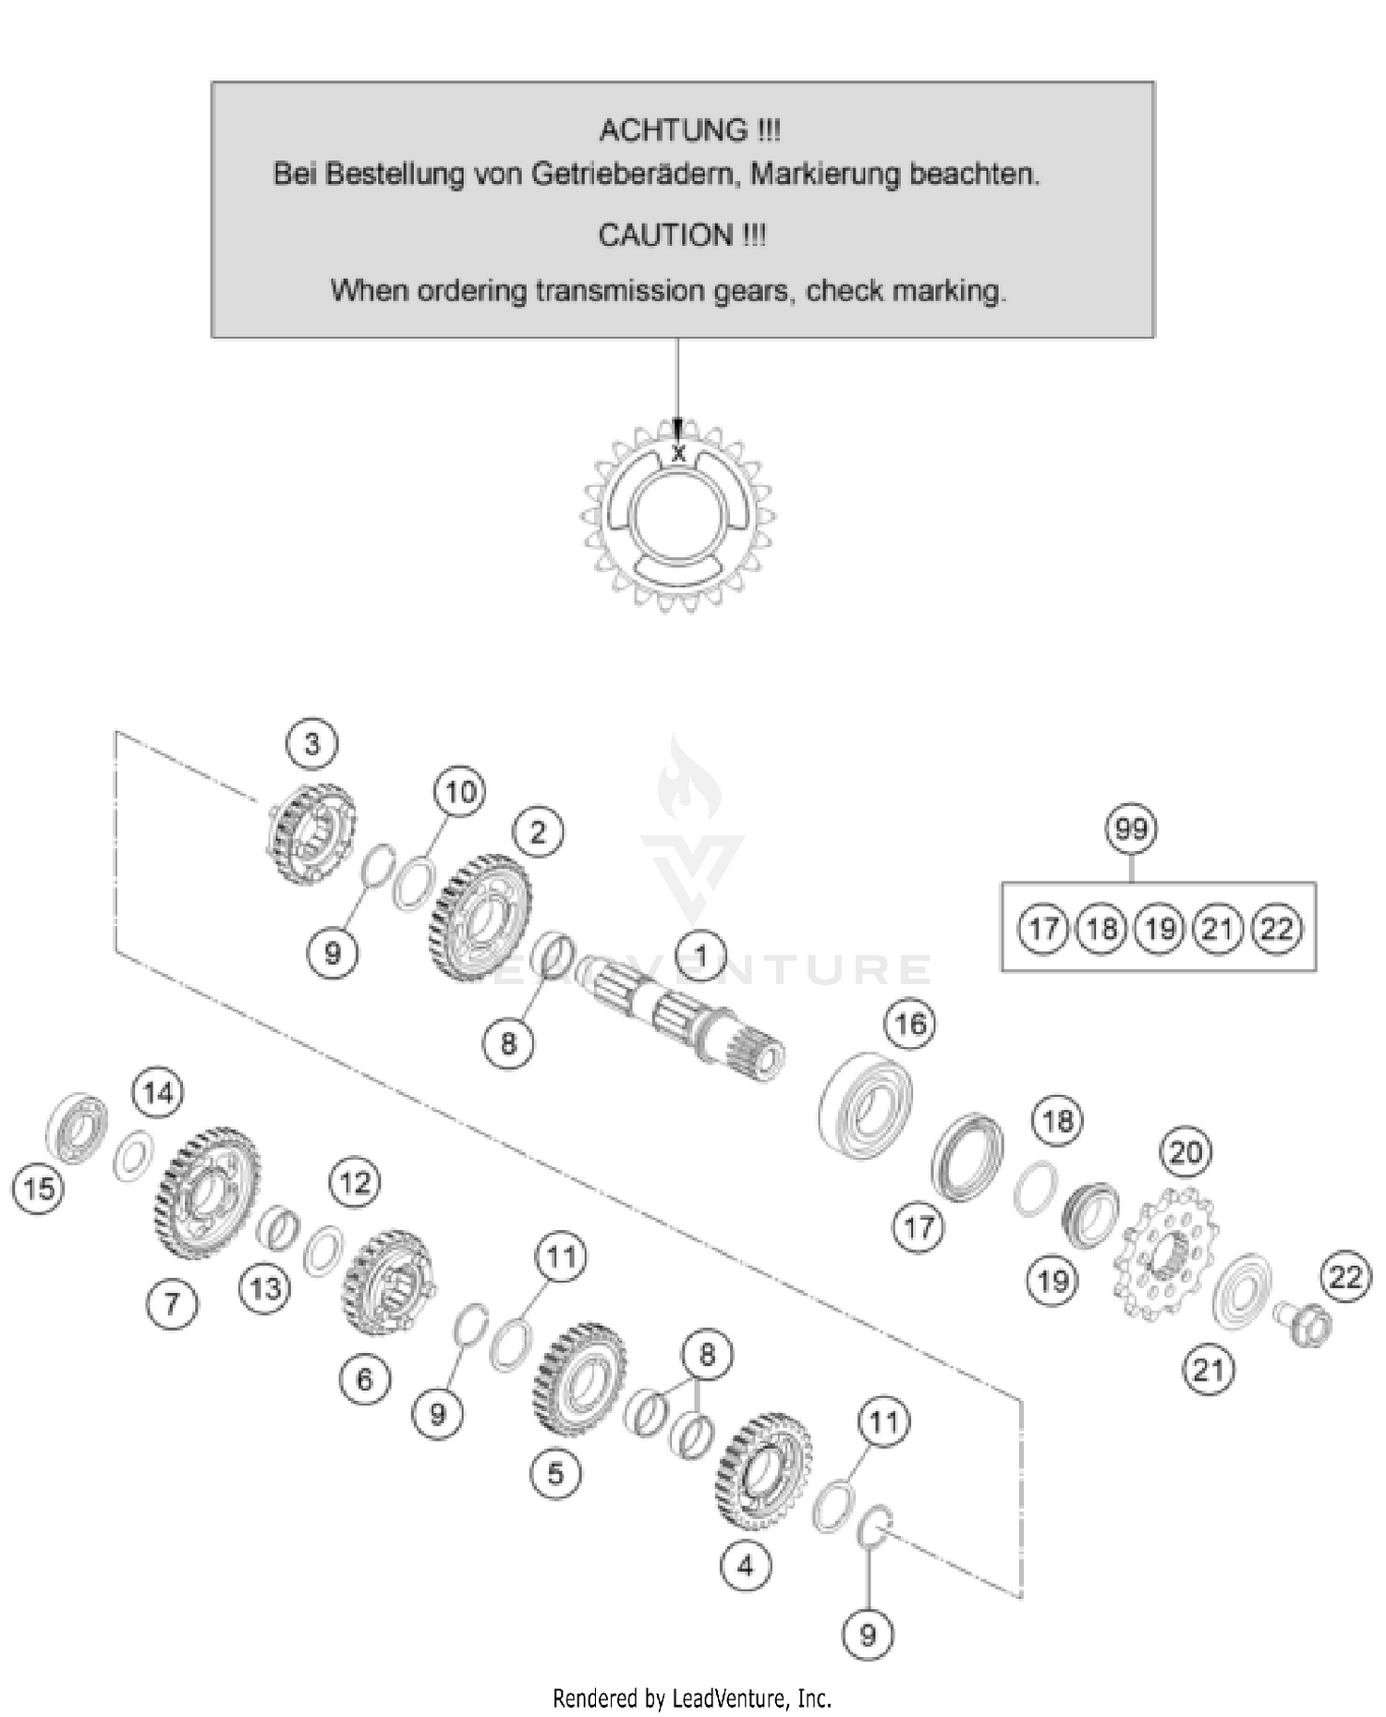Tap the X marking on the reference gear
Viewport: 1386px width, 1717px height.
(x=679, y=454)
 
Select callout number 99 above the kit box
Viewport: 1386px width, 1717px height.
(x=1131, y=828)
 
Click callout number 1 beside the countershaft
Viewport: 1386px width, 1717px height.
(x=700, y=956)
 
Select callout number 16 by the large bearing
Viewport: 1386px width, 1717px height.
(x=910, y=1023)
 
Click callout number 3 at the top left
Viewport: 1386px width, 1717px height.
(x=311, y=743)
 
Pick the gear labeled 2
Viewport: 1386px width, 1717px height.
(x=480, y=917)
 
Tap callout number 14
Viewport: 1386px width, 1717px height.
(x=158, y=1093)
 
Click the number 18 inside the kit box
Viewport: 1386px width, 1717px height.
(x=1101, y=928)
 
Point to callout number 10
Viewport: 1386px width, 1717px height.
(x=460, y=792)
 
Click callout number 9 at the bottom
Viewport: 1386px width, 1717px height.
(x=867, y=1635)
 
